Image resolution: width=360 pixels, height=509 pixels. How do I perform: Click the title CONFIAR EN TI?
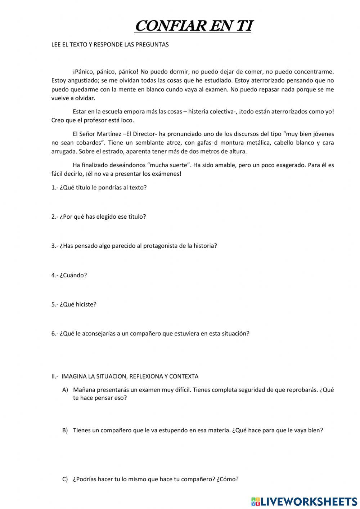[194, 26]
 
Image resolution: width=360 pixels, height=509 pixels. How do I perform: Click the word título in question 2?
[136, 217]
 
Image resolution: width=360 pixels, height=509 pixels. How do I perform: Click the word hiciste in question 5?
[86, 304]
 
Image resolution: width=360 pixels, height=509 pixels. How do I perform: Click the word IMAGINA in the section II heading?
[74, 376]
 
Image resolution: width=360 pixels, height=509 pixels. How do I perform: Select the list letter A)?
[65, 390]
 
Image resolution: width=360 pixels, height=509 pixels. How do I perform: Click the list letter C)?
[65, 479]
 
